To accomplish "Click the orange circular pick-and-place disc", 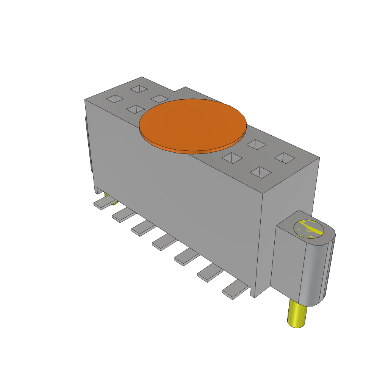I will pyautogui.click(x=193, y=125).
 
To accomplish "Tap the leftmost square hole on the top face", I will pyautogui.click(x=114, y=99).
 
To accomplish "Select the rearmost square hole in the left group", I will pyautogui.click(x=139, y=89).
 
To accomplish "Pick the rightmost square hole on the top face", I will pyautogui.click(x=284, y=158).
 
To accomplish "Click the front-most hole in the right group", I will pyautogui.click(x=261, y=172).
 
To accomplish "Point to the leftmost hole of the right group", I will pyautogui.click(x=232, y=158).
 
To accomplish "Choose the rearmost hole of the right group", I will pyautogui.click(x=256, y=144).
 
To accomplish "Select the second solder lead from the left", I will pyautogui.click(x=123, y=216).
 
